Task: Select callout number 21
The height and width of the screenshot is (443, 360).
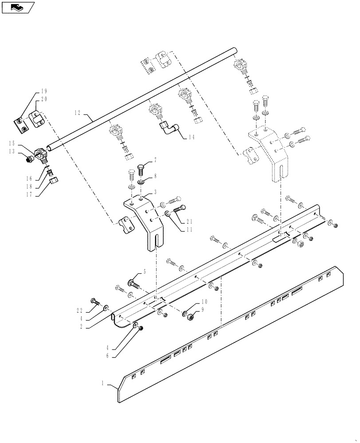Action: click(x=190, y=221)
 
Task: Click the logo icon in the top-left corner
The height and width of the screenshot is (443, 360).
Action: click(x=17, y=7)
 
